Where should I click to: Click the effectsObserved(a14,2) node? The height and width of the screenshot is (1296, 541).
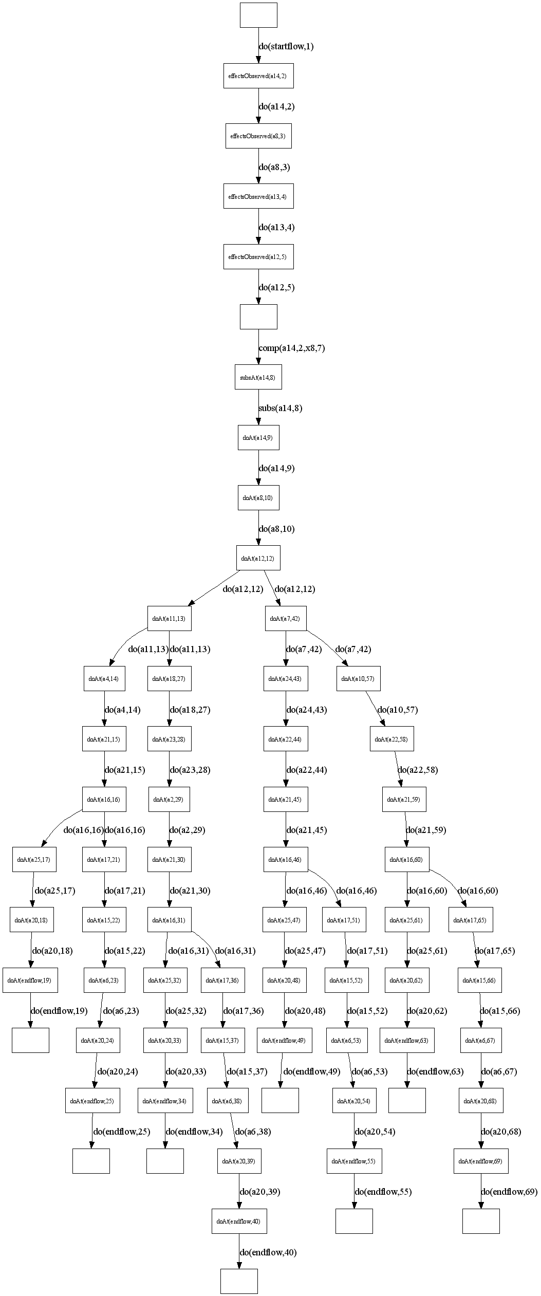pos(258,76)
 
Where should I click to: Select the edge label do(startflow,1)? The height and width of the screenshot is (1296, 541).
pos(286,47)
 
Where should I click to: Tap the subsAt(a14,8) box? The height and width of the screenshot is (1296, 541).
pos(258,378)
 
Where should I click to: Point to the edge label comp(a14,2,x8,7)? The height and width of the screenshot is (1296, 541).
pos(291,348)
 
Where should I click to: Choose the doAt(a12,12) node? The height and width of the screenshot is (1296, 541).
pos(258,558)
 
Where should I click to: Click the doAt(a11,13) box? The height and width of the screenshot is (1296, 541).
pos(169,619)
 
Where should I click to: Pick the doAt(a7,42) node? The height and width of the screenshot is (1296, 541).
pos(285,619)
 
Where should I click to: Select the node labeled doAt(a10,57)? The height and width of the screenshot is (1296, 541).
pos(358,679)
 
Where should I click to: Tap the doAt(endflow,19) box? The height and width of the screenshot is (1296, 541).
pos(30,980)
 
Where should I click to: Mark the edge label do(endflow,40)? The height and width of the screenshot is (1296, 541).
pos(268,1252)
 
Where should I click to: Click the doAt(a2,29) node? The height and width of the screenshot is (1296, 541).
pos(169,800)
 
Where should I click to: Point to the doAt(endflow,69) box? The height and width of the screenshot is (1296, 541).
pos(481,1161)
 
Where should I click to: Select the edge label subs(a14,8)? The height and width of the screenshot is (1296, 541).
pos(280,409)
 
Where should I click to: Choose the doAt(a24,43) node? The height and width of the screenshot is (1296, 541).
pos(285,679)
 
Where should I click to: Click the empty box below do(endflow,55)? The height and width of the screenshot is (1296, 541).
pos(354,1221)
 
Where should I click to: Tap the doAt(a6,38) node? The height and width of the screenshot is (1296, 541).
pos(230,1101)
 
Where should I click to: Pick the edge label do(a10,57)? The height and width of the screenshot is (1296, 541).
pos(397,710)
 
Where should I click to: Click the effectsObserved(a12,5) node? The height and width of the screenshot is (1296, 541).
pos(258,257)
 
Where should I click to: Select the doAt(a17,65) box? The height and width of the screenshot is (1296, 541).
pos(471,920)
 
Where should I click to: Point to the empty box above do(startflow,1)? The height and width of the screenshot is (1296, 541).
pos(258,15)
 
